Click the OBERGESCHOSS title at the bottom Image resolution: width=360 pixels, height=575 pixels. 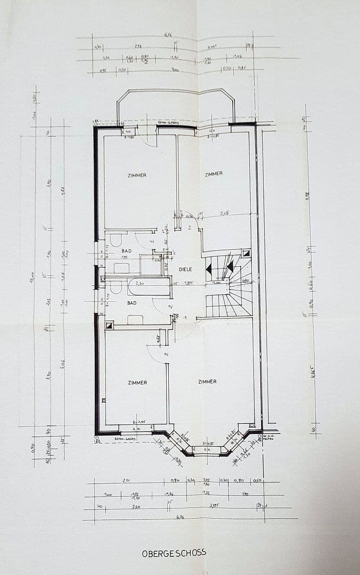[174, 553]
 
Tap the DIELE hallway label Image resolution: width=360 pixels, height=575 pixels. [185, 269]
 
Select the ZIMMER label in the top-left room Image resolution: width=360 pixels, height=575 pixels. [137, 175]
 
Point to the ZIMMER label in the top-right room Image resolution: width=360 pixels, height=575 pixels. [213, 174]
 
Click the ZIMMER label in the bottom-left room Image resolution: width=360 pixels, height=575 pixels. [137, 382]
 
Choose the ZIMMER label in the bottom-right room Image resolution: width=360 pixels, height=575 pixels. [207, 381]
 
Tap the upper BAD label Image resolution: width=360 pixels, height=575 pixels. [126, 250]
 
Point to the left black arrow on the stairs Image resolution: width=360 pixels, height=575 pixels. [209, 269]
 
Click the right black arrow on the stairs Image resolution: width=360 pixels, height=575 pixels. [230, 266]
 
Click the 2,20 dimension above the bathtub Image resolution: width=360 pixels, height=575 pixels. [141, 284]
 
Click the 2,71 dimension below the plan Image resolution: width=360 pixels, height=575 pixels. [126, 480]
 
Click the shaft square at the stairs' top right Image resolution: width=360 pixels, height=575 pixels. [246, 254]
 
